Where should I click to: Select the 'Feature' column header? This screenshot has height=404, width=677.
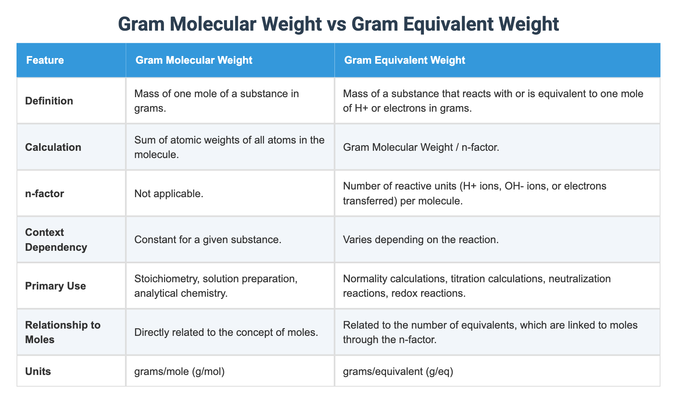45,60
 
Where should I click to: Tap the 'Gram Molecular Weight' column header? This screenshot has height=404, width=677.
194,60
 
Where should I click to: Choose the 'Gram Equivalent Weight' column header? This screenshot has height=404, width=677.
404,60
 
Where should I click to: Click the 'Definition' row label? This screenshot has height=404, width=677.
49,101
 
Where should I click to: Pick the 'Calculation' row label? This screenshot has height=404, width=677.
53,147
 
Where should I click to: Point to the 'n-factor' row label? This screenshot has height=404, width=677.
44,194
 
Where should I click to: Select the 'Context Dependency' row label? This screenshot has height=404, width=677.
56,239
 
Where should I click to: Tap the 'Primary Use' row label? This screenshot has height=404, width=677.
56,286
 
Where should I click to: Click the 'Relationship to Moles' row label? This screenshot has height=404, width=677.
63,332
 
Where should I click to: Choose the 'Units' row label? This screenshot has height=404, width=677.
38,371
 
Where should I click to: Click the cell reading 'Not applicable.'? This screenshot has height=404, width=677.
168,194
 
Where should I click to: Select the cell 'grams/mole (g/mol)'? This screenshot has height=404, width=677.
179,371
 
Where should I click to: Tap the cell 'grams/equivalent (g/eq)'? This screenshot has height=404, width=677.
398,371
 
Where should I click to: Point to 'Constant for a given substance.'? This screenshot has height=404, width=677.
208,239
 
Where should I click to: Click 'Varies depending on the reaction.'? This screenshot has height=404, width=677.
421,239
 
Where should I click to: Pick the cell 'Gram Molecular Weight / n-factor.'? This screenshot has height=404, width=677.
421,147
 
